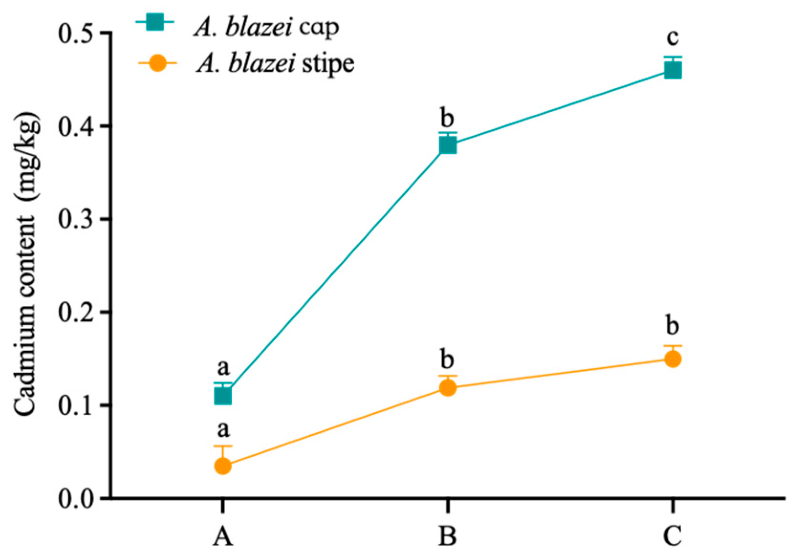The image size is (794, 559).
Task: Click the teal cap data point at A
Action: tap(223, 396)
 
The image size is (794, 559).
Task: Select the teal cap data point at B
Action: tap(447, 145)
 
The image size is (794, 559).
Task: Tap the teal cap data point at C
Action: tap(673, 71)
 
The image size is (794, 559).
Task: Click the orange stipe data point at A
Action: tap(223, 466)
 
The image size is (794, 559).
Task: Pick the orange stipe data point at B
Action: tap(447, 387)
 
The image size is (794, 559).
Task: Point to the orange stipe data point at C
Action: tap(673, 359)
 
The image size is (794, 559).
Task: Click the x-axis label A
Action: tap(223, 536)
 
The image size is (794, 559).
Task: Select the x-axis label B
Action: tap(447, 536)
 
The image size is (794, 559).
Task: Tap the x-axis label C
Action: tap(673, 536)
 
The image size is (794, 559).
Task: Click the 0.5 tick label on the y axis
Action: tap(76, 33)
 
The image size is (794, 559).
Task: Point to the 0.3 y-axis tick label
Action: tap(76, 219)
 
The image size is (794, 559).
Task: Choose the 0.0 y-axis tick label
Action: tap(76, 499)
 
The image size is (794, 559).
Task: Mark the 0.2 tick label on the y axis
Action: tap(76, 312)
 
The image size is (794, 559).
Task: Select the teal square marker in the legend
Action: tap(155, 22)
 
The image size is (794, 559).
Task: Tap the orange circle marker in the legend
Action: tap(157, 63)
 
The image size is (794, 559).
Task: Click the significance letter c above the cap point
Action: tap(673, 37)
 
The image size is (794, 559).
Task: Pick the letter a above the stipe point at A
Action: tap(223, 429)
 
